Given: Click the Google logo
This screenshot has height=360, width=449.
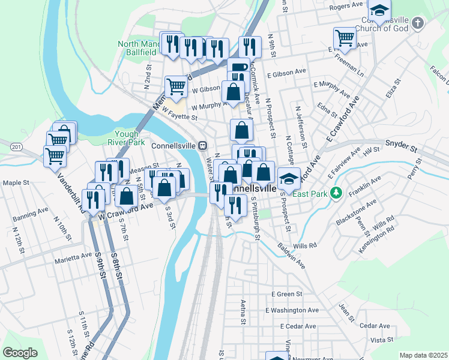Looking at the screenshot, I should pos(20,353).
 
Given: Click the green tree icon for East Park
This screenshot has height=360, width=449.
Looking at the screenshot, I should pos(337,193).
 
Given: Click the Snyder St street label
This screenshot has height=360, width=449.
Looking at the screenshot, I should pos(401,144).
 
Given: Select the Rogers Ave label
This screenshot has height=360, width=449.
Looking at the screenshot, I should pos(346,5).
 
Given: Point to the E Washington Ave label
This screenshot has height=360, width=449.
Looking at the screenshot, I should pos(295,310).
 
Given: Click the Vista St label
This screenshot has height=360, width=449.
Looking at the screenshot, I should pos(381,340).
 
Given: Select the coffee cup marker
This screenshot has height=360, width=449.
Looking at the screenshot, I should pos(238,68).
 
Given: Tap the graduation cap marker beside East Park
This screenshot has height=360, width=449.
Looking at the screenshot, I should pos(289,178).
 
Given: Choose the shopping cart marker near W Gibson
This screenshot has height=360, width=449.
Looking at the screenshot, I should pos(176,87).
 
